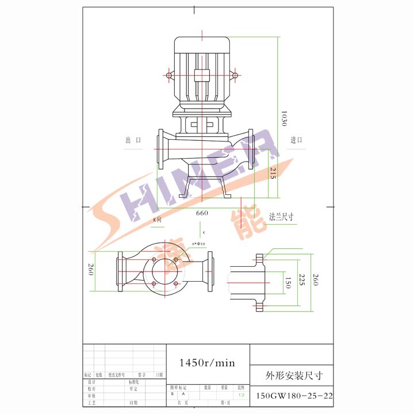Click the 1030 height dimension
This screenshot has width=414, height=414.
pyautogui.click(x=283, y=118)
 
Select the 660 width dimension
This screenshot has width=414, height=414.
pyautogui.click(x=202, y=213)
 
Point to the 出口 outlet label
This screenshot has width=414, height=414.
pyautogui.click(x=133, y=140)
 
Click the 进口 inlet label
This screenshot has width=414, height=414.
pyautogui.click(x=297, y=140)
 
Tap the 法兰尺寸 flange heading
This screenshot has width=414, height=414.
pyautogui.click(x=282, y=217)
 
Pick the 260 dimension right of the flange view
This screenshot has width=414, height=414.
pyautogui.click(x=315, y=280)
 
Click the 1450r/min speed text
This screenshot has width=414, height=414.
pyautogui.click(x=208, y=363)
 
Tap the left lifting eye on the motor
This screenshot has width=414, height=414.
pyautogui.click(x=170, y=75)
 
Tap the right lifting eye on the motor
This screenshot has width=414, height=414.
pyautogui.click(x=235, y=75)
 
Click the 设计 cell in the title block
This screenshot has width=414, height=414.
pyautogui.click(x=91, y=382)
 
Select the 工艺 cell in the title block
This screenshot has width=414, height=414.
pyautogui.click(x=91, y=403)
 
